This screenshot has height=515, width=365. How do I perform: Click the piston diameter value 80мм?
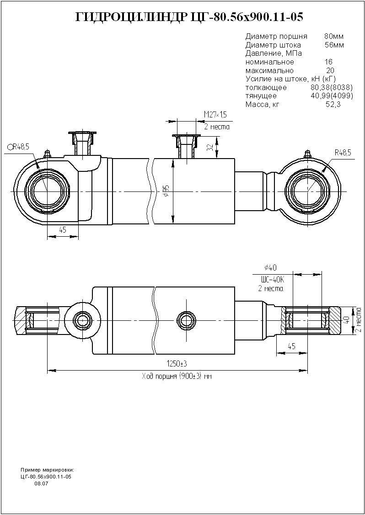coord(333,36)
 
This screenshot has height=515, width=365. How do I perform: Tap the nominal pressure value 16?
coord(328,62)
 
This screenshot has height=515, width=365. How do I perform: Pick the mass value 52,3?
coord(333,105)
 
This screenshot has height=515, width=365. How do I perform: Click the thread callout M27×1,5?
coord(215,114)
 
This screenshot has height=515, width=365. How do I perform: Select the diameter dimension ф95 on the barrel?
coord(166,191)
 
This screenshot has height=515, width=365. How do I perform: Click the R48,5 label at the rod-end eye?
coord(342,153)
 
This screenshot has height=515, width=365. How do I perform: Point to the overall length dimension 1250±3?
coord(177,363)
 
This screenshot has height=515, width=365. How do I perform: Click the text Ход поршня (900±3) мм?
coord(177,377)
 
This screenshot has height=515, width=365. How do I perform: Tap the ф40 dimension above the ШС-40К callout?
coord(270,268)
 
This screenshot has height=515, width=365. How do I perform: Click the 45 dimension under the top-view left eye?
coord(63,230)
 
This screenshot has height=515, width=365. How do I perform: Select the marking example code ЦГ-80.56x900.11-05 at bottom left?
coord(46,477)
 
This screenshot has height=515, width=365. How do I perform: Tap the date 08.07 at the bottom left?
coord(41,483)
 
